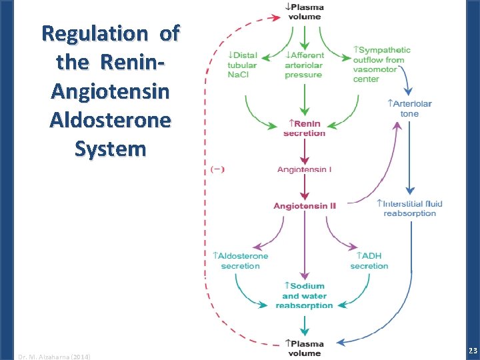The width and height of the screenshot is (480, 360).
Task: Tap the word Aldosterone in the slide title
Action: click(x=110, y=120)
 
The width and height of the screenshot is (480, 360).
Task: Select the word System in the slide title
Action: click(x=110, y=149)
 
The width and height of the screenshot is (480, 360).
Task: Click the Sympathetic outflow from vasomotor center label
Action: click(x=381, y=64)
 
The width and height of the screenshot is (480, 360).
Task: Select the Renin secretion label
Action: click(x=305, y=128)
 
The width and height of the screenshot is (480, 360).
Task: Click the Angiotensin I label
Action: click(x=304, y=169)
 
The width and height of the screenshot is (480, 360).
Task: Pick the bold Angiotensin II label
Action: click(x=305, y=205)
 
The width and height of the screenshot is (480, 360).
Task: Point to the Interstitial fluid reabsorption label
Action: click(x=409, y=208)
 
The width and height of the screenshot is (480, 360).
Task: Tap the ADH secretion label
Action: click(x=369, y=261)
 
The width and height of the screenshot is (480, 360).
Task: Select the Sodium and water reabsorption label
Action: click(x=305, y=296)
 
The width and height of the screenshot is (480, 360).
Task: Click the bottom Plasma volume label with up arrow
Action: click(x=304, y=348)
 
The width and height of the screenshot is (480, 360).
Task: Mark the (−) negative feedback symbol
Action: click(x=217, y=169)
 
